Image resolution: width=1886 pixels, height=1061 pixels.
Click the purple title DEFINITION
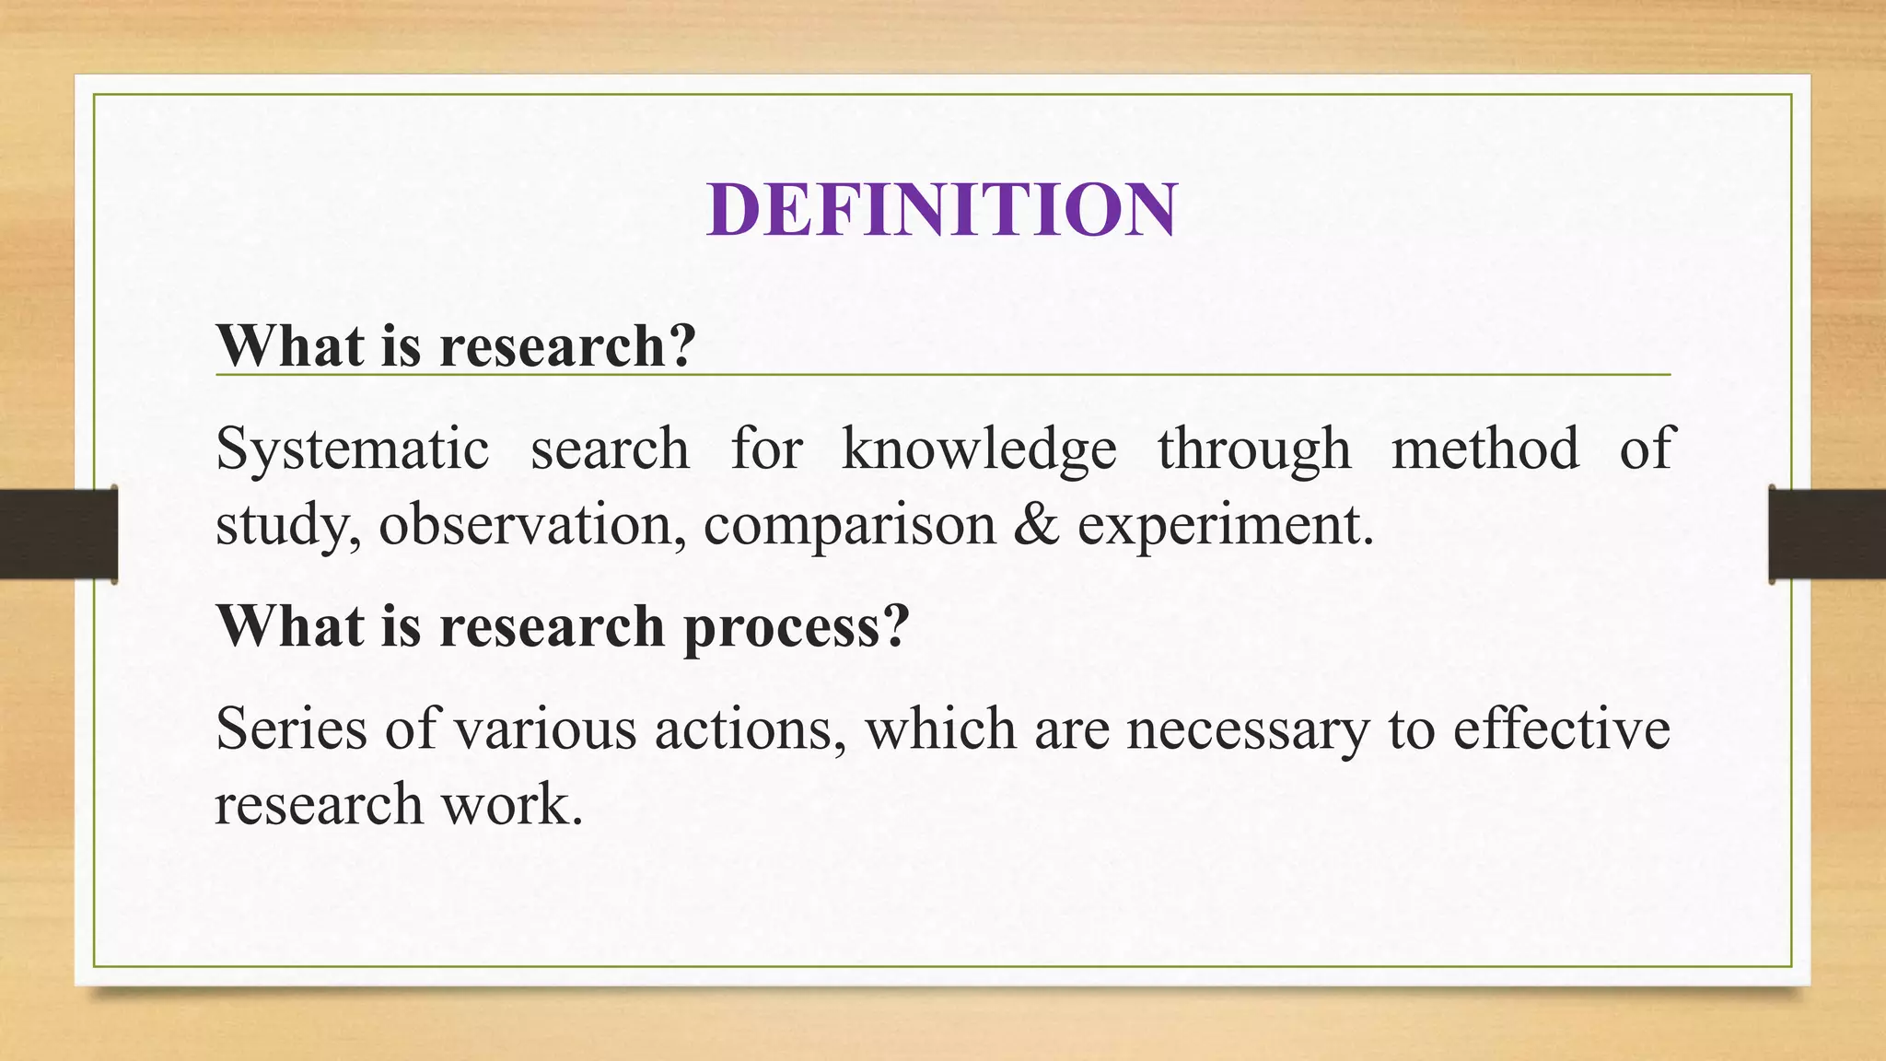[x=941, y=210]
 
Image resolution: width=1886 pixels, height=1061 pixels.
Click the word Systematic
[x=352, y=449]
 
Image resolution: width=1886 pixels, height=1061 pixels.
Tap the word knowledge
[x=978, y=449]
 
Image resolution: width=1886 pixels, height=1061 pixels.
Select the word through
[x=1253, y=449]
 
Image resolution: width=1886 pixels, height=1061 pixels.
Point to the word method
[x=1484, y=449]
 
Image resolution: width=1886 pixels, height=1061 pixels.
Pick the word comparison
[x=849, y=525]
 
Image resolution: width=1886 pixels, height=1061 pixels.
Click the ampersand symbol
[x=1036, y=525]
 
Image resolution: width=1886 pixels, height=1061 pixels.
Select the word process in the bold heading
[x=796, y=628]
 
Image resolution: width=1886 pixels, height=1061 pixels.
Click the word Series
[x=290, y=729]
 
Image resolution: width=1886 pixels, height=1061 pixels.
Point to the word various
[x=544, y=729]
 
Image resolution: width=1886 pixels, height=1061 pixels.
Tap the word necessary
[x=1247, y=729]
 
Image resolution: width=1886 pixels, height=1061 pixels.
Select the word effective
[x=1561, y=729]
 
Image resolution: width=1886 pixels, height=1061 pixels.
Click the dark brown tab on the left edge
[x=58, y=534]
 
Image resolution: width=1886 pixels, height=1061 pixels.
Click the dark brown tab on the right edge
[x=1827, y=534]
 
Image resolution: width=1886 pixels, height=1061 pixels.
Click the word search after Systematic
[x=609, y=449]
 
